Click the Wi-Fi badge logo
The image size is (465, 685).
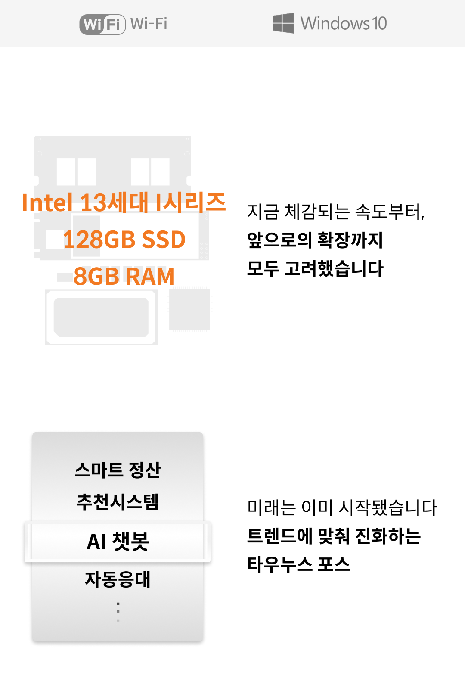(102, 24)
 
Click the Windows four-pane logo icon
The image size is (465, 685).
(283, 23)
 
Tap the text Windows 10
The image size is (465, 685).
(344, 23)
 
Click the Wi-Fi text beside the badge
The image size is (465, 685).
(149, 24)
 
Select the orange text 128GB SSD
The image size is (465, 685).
(124, 240)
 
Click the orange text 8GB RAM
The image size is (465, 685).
(124, 276)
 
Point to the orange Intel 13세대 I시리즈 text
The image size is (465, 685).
(124, 202)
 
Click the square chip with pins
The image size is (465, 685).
(189, 309)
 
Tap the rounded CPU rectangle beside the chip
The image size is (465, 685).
(102, 317)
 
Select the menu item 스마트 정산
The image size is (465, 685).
(118, 470)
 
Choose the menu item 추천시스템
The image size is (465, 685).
(118, 501)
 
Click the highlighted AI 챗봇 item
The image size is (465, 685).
(118, 542)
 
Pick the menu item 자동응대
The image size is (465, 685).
(118, 579)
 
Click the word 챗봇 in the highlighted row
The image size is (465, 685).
(130, 542)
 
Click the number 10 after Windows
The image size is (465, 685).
(379, 23)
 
